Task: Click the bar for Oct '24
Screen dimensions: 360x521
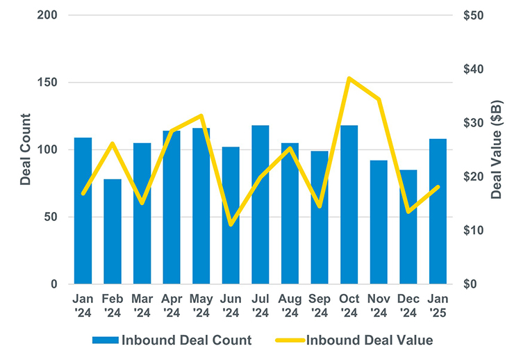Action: (x=349, y=205)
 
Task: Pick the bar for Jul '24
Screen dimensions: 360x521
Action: (x=260, y=205)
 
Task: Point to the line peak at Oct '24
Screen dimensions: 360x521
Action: (x=349, y=78)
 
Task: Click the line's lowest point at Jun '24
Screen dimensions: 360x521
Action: (x=231, y=224)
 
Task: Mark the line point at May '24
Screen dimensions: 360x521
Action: (x=201, y=115)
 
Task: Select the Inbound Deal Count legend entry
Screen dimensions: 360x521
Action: (x=172, y=340)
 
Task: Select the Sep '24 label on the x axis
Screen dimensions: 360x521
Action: (x=320, y=305)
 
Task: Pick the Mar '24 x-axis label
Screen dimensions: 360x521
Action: (x=142, y=305)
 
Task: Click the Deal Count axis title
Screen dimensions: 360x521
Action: (x=26, y=149)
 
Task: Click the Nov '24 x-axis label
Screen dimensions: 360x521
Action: (x=379, y=305)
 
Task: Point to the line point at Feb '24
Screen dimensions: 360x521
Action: (x=113, y=143)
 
